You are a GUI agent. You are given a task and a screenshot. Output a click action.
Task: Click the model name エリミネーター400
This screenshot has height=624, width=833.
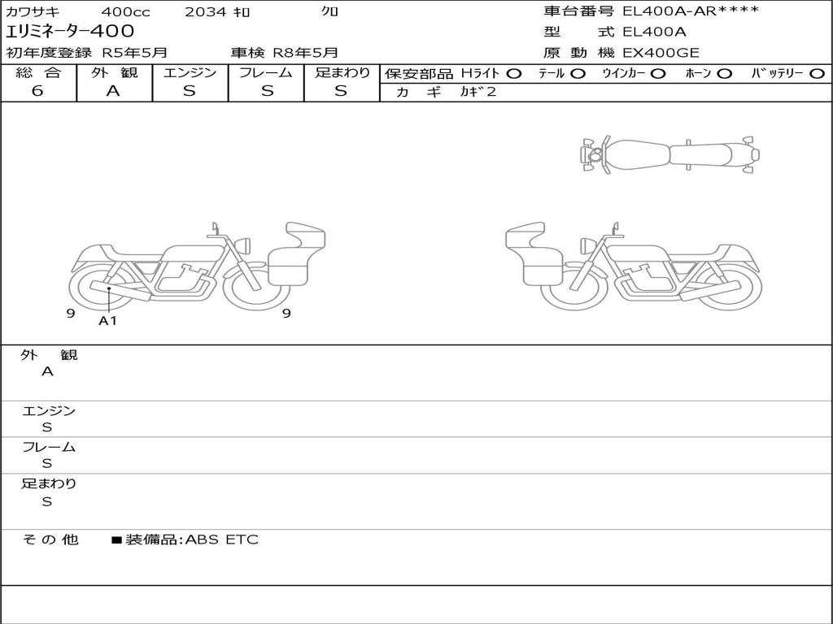click(x=70, y=32)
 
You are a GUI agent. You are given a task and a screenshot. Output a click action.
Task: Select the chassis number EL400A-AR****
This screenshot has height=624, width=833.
click(x=691, y=11)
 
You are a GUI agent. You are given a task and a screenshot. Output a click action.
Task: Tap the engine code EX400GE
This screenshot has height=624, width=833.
click(x=661, y=53)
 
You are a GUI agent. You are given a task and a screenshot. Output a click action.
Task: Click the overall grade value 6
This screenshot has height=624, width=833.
click(x=37, y=91)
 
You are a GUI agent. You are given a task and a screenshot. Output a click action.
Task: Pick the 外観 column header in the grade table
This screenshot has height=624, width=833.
click(x=114, y=72)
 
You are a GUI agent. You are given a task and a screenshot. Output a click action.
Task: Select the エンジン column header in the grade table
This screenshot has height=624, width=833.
click(x=190, y=72)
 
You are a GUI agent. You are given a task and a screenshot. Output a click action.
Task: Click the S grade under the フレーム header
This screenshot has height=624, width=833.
click(x=267, y=91)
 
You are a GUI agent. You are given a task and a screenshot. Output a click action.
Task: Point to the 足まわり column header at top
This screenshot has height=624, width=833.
click(x=342, y=72)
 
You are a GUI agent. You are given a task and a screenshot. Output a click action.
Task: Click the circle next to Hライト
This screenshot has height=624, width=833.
click(x=513, y=74)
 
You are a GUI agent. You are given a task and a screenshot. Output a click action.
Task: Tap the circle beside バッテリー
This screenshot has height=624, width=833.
click(x=817, y=74)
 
